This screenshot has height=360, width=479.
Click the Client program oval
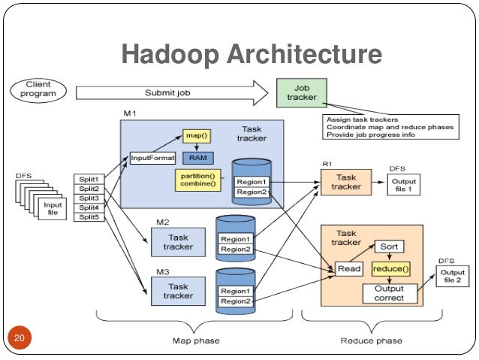point(38,89)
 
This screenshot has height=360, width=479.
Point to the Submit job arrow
point(173,93)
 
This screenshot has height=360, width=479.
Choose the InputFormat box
point(153,159)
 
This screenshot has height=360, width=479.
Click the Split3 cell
point(88,198)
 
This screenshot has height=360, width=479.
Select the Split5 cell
point(88,217)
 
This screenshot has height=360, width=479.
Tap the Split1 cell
point(88,180)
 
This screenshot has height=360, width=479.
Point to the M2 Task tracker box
point(178,242)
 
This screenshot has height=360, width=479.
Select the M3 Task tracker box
point(178,291)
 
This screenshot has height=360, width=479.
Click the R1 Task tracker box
point(346,182)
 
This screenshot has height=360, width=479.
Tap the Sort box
point(389,247)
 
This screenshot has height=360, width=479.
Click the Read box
point(349,269)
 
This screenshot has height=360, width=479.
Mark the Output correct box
point(389,293)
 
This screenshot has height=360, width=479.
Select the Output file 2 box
point(452,277)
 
